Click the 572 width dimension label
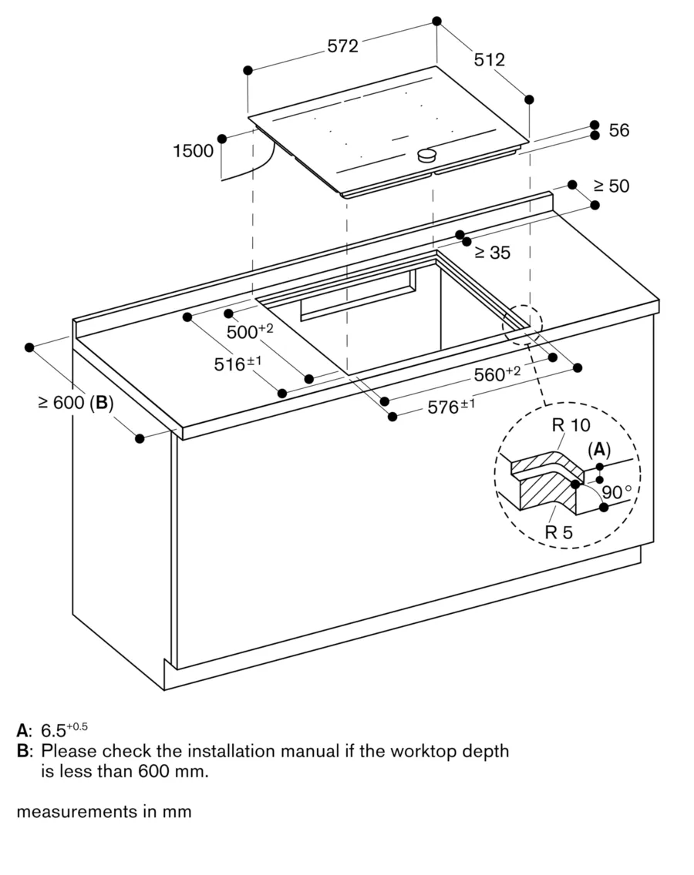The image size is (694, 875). coord(342,46)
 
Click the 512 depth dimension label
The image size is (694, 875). coord(489,59)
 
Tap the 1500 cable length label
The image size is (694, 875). coord(193,151)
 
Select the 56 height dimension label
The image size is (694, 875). coord(618,131)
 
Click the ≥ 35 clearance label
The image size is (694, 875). coord(491,253)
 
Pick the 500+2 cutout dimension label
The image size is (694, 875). coord(250,332)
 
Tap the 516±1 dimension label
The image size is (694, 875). coord(239,364)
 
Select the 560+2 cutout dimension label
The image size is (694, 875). coord(497,374)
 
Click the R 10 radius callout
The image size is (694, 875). coord(571,424)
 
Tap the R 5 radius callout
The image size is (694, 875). coord(558,531)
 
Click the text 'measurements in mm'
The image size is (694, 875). coord(103,811)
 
